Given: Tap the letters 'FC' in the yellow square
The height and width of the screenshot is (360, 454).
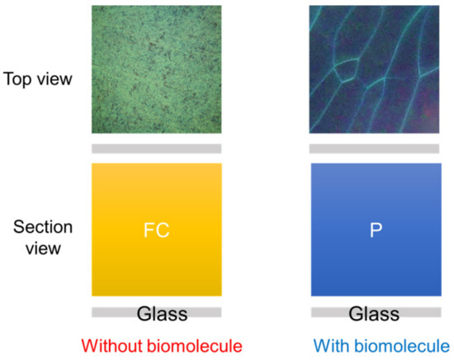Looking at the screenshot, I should [x=156, y=230].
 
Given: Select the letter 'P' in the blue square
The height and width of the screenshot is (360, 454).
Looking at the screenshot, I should [x=375, y=230].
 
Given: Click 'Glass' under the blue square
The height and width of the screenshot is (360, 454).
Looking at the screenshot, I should [x=373, y=314].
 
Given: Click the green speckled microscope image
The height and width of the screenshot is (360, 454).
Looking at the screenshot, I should [x=156, y=69].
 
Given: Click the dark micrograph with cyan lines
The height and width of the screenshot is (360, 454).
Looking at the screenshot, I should [x=375, y=69].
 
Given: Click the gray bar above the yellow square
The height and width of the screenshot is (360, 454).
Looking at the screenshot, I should [x=156, y=149].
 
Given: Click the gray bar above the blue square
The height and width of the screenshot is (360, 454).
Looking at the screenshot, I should [x=375, y=149].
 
